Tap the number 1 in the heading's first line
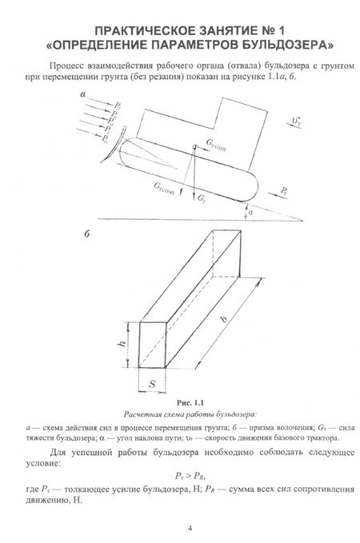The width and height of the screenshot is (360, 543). click(x=281, y=31)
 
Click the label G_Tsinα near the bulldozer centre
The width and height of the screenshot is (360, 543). click(x=216, y=145)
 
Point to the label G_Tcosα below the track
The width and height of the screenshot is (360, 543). click(x=164, y=189)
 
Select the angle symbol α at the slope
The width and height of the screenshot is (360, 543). click(x=250, y=212)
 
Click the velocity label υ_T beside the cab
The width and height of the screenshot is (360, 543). click(x=296, y=122)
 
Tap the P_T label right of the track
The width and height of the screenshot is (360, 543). click(x=284, y=191)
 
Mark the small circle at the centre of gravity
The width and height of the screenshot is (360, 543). click(x=194, y=147)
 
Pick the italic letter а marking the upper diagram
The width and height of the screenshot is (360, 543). click(x=82, y=94)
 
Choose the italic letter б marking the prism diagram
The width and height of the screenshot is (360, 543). click(x=86, y=234)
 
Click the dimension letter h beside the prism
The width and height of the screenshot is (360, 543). click(x=122, y=344)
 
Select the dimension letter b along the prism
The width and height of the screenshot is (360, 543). click(x=225, y=317)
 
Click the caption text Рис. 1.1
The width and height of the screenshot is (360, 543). click(x=190, y=403)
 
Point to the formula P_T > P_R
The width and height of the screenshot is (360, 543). click(x=190, y=476)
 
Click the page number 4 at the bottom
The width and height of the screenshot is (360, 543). click(x=190, y=528)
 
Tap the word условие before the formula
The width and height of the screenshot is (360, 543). click(x=43, y=463)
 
